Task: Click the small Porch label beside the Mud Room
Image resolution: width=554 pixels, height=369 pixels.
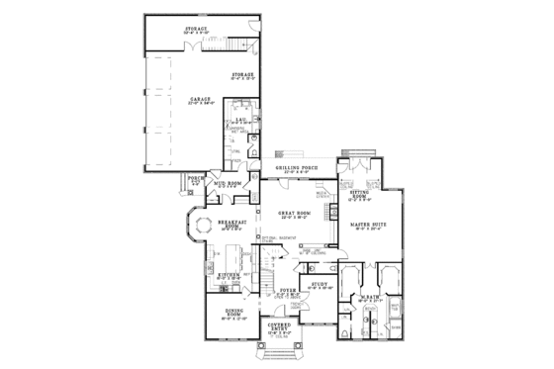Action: (195, 179)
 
